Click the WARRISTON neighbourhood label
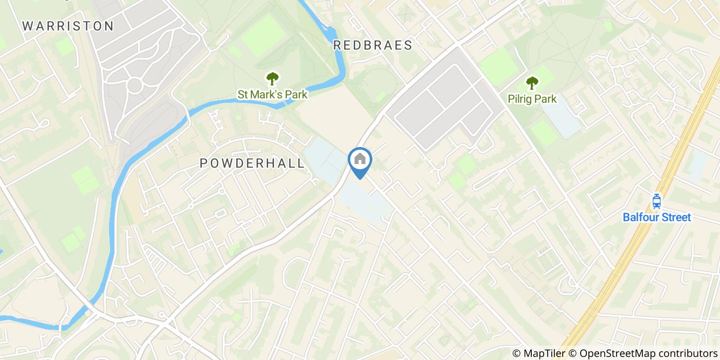[x=68, y=26]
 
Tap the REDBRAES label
[x=373, y=45]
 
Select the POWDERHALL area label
[x=252, y=163]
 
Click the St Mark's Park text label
[x=272, y=95]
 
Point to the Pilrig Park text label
[x=532, y=99]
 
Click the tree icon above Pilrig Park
[x=532, y=83]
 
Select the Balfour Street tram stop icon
[x=656, y=201]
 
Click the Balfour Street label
[x=657, y=218]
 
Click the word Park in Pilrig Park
[x=546, y=99]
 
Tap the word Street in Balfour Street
[x=674, y=218]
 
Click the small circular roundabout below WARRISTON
[x=135, y=85]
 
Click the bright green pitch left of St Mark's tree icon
[x=263, y=35]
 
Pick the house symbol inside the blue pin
[x=360, y=159]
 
